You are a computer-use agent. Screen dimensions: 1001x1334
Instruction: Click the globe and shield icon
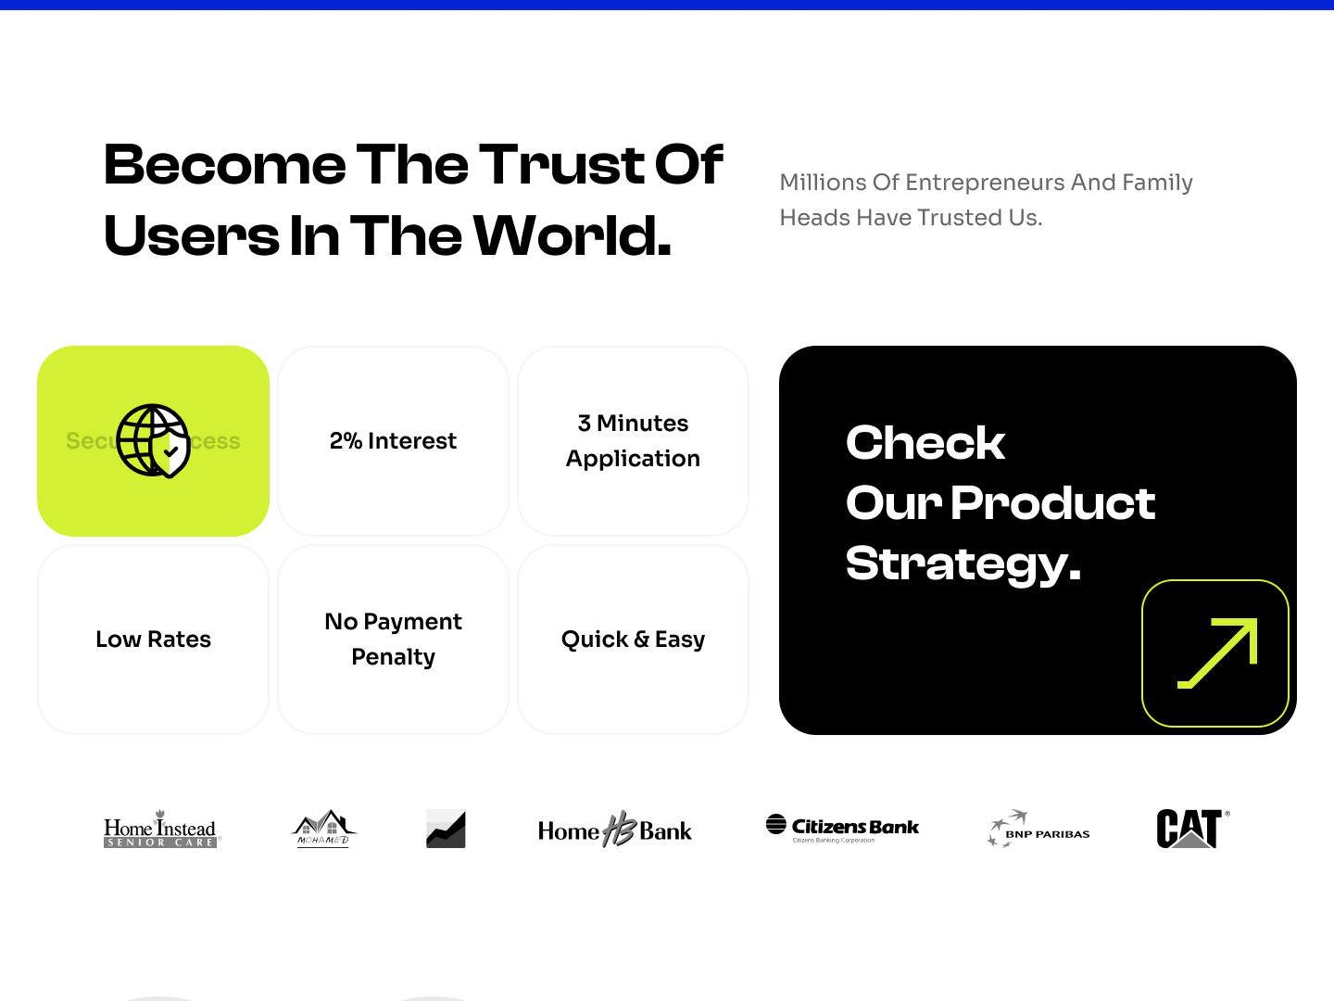tap(154, 441)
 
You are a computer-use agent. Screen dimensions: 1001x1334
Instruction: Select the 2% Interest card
tap(393, 441)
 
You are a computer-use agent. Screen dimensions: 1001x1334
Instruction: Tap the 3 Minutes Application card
tap(633, 441)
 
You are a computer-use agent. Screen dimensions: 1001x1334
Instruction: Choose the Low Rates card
tap(154, 640)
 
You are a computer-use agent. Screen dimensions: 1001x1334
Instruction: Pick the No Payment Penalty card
tap(393, 640)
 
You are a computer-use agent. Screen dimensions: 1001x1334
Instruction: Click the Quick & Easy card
tap(633, 640)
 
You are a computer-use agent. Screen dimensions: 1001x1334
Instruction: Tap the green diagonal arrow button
tap(1215, 653)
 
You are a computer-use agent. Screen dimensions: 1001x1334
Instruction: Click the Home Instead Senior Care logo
tap(160, 829)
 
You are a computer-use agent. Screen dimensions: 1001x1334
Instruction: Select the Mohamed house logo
tap(323, 828)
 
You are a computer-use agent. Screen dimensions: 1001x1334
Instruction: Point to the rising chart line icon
tap(446, 829)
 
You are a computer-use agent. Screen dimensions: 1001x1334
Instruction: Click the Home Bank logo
tap(614, 830)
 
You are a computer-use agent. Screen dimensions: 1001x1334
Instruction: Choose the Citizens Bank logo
tap(842, 827)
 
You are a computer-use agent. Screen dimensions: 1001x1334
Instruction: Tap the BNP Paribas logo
tap(1038, 830)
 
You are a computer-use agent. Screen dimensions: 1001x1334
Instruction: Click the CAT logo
tap(1190, 828)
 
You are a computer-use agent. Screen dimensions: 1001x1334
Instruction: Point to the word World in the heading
tap(573, 236)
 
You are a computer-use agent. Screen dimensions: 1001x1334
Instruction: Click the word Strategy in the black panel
tap(963, 564)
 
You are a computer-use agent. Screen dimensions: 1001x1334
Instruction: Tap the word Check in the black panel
tap(925, 443)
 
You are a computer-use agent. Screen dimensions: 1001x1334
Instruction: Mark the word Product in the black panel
tap(1052, 503)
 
